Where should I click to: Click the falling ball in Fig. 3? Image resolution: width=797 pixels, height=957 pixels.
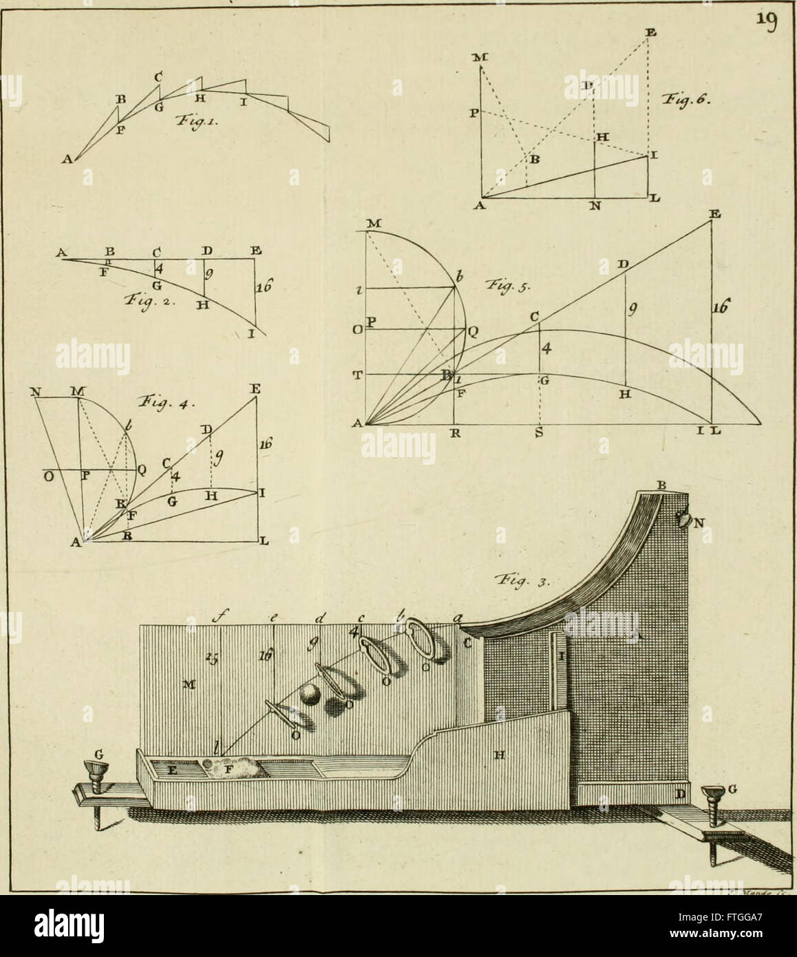pyautogui.click(x=309, y=697)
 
